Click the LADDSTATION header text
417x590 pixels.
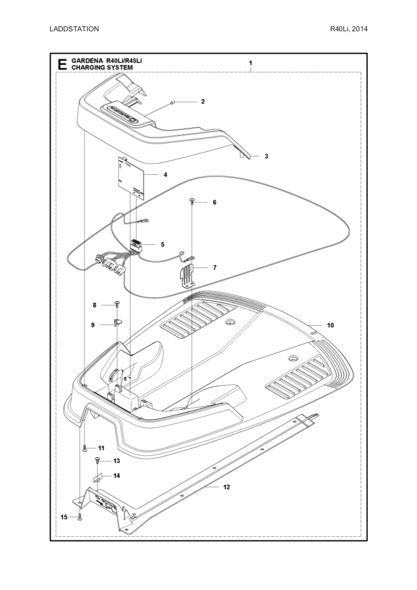pyautogui.click(x=74, y=29)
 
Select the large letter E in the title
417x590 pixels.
pyautogui.click(x=62, y=64)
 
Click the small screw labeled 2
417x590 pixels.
pyautogui.click(x=173, y=102)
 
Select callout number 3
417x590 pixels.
pyautogui.click(x=266, y=156)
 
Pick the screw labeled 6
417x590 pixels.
pyautogui.click(x=192, y=201)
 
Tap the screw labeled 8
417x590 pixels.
pyautogui.click(x=117, y=304)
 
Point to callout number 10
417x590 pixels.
pyautogui.click(x=330, y=326)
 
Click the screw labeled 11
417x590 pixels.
pyautogui.click(x=85, y=448)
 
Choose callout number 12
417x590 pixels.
pyautogui.click(x=226, y=487)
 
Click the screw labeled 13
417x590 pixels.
pyautogui.click(x=97, y=460)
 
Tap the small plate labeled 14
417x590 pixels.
pyautogui.click(x=99, y=477)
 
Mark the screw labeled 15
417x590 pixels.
pyautogui.click(x=80, y=517)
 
